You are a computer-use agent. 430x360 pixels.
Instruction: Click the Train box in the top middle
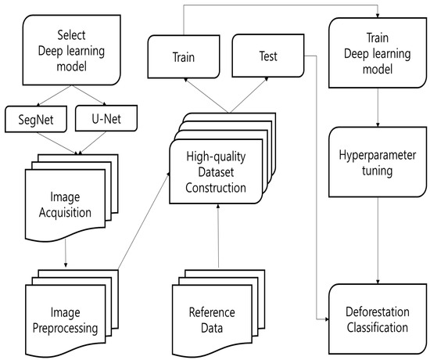[185, 56]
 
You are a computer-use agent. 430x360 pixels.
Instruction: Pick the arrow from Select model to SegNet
[56, 95]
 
